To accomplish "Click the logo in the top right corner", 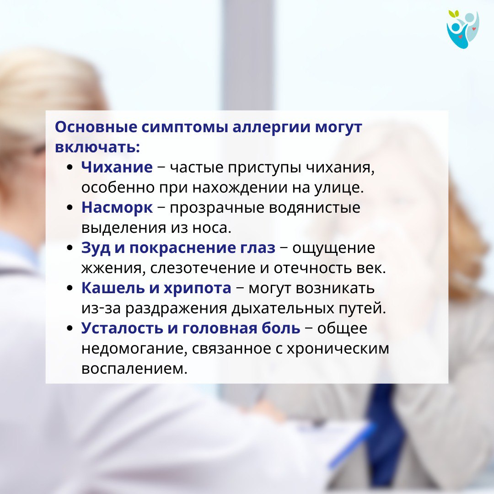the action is [462, 29].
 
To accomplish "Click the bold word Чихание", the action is [117, 167].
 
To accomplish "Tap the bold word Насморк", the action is [117, 208].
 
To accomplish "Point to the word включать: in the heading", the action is [97, 147].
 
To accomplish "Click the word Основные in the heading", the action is [96, 127].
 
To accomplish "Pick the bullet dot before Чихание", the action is [70, 167].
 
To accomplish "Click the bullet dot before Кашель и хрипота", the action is [70, 288].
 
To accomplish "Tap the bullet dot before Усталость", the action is [70, 328].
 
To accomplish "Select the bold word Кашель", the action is [115, 288].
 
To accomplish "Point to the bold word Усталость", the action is [122, 328].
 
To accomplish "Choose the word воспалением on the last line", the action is [134, 369].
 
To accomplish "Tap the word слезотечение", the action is [203, 268].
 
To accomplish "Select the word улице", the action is [339, 188].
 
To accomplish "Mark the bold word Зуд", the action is [96, 248].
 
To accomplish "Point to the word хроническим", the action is [338, 349].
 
